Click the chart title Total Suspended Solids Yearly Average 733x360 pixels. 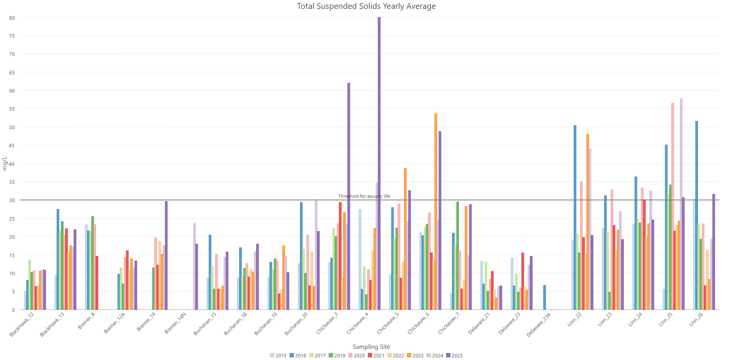366,6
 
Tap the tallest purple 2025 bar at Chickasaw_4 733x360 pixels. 379,162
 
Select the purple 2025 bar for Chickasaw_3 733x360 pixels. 349,197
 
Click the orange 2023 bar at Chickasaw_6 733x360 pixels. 436,212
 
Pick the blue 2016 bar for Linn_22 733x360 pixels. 575,218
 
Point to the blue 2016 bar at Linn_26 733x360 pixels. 696,216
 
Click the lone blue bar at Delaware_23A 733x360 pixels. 544,298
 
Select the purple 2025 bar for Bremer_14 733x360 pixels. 166,256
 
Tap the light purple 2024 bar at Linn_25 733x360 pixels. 681,204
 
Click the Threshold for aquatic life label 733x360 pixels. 364,196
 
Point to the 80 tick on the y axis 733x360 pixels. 12,18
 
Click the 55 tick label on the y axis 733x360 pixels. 12,109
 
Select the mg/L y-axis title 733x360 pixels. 5,163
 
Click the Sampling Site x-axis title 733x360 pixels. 371,347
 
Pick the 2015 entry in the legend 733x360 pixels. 278,355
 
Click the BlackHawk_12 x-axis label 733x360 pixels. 22,325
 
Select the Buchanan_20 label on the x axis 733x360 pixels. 297,324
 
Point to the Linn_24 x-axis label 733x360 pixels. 635,320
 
